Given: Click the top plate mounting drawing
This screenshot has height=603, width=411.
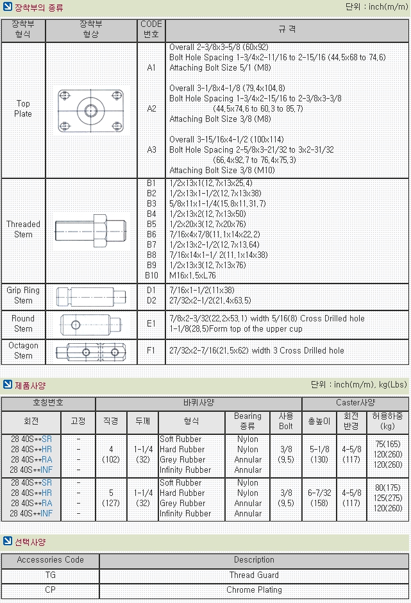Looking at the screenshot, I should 91,109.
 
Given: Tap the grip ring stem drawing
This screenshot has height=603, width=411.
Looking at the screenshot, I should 91,295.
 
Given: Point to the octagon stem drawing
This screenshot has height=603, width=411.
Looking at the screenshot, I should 91,351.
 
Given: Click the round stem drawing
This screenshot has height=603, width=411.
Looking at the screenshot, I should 91,323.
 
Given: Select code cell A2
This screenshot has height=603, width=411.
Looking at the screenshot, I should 151,108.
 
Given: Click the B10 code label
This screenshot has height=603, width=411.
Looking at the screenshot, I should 151,275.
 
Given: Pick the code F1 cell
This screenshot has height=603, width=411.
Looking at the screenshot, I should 151,351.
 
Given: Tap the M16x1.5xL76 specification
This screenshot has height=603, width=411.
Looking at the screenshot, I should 192,275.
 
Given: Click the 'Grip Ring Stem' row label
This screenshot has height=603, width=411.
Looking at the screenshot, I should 23,295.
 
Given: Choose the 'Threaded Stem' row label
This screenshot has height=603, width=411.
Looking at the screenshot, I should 23,229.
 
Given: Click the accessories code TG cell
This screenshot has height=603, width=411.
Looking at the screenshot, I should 50,575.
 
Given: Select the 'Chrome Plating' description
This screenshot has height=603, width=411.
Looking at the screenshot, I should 254,590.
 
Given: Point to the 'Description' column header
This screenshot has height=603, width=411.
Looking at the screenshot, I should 254,560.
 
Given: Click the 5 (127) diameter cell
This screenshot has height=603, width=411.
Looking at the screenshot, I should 111,498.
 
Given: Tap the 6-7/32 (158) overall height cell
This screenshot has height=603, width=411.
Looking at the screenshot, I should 319,498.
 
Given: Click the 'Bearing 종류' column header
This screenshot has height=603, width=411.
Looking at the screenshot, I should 247,421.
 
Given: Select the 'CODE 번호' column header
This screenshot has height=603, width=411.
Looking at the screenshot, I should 151,29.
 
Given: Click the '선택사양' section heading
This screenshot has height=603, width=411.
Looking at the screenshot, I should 30,542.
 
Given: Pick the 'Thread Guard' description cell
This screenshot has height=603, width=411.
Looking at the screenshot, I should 254,575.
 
